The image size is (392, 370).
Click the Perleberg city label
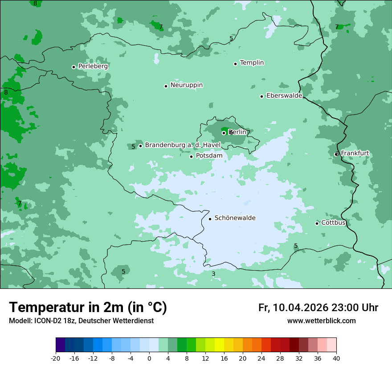tap(93, 66)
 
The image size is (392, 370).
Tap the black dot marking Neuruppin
tap(166, 86)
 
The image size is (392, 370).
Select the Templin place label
tap(252, 63)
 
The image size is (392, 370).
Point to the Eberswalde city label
tap(284, 96)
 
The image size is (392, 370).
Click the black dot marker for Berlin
tap(224, 133)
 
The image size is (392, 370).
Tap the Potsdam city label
tap(209, 156)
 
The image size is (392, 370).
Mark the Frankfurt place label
tap(355, 153)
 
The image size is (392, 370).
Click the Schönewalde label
tap(235, 218)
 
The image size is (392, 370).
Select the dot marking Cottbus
tap(317, 223)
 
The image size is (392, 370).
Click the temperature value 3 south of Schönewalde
tap(213, 274)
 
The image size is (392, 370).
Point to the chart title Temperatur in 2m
tap(88, 308)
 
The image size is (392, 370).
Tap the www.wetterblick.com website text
tap(321, 321)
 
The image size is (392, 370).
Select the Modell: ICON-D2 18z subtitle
tap(81, 321)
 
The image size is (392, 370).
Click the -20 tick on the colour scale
tap(56, 358)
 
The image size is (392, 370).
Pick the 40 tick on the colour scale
tap(336, 358)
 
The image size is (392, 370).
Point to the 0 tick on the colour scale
tap(149, 358)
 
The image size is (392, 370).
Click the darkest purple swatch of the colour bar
tap(60, 345)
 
